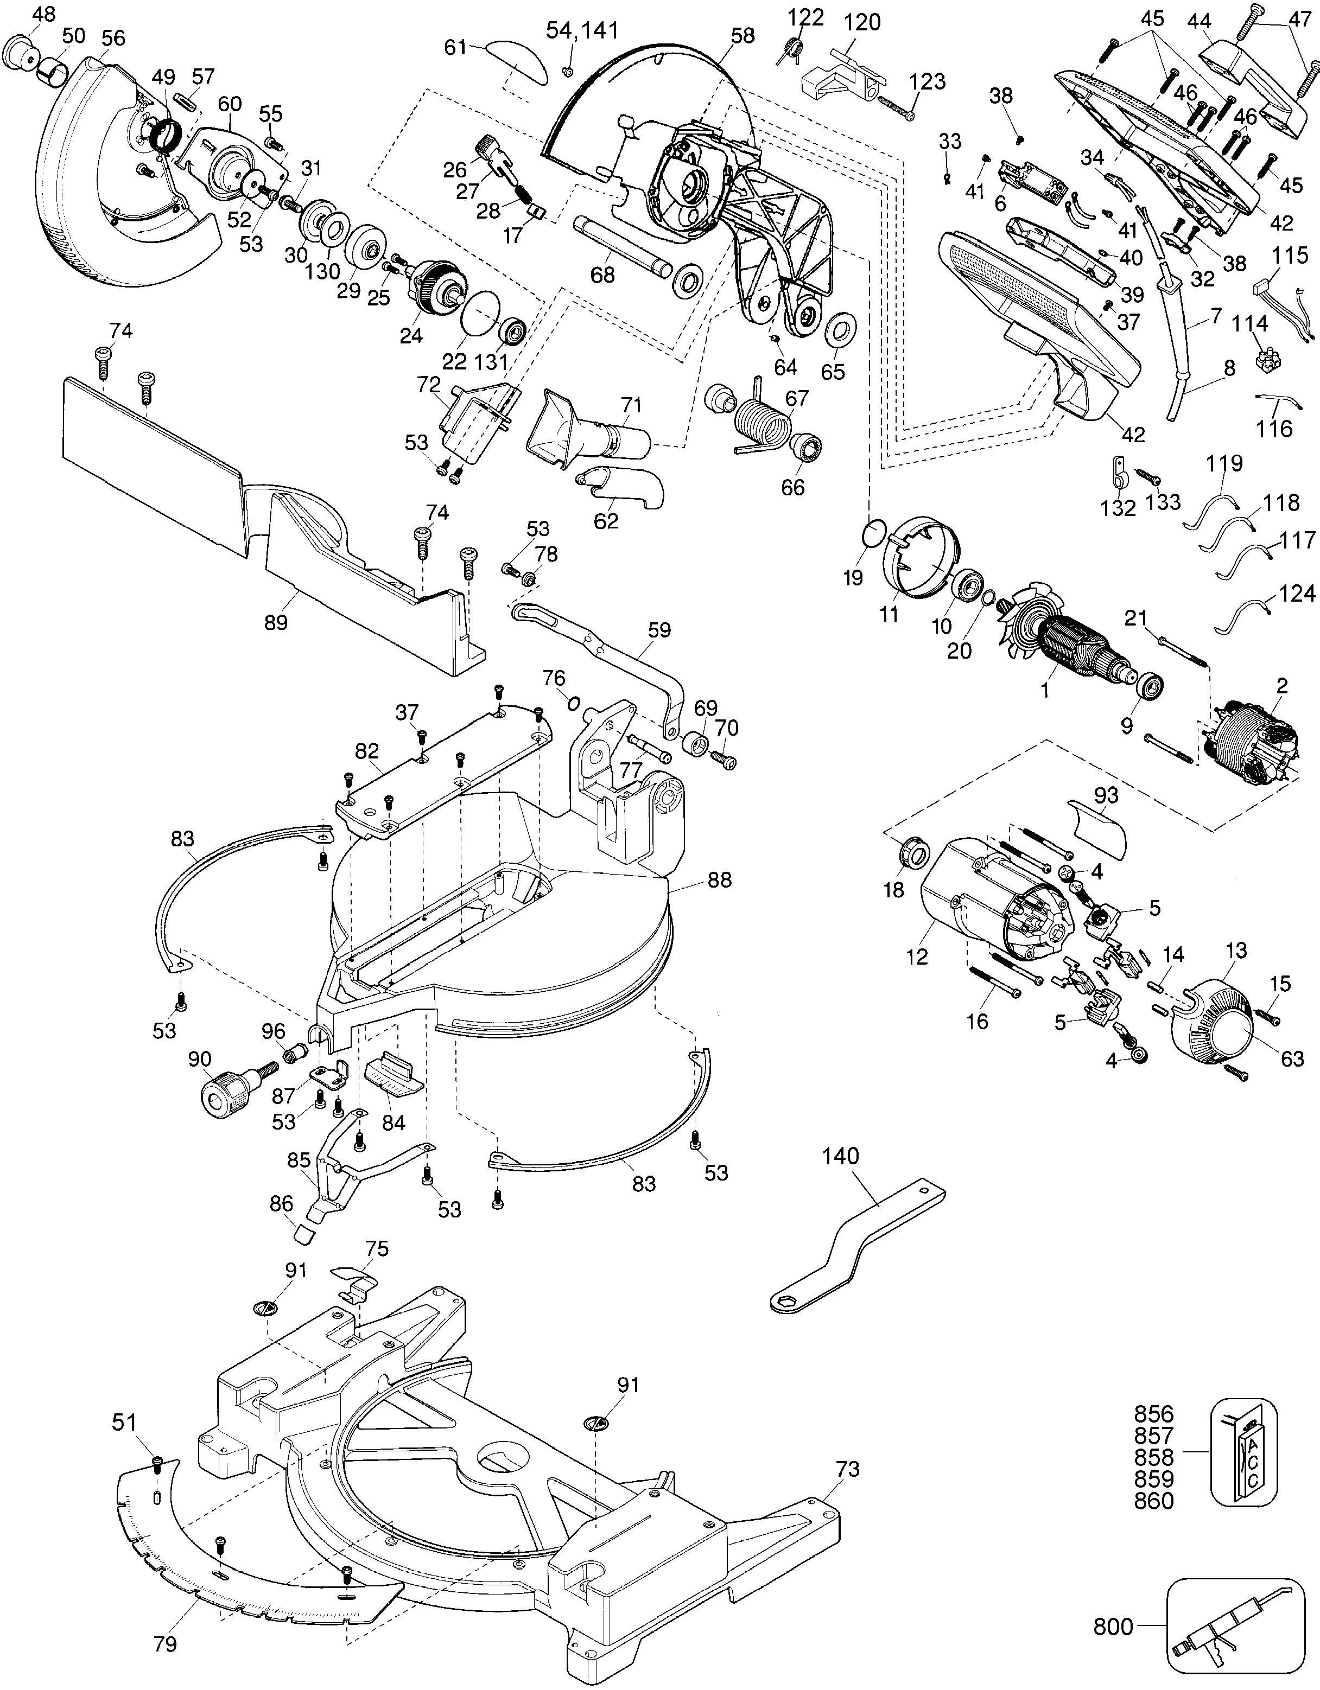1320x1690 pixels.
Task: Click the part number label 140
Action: pos(841,1178)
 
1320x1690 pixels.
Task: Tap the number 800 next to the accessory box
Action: pos(1113,1622)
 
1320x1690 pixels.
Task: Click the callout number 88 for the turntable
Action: pos(719,880)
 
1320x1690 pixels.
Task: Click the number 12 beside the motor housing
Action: pos(917,957)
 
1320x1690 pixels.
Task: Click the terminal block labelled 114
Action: pos(1267,360)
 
